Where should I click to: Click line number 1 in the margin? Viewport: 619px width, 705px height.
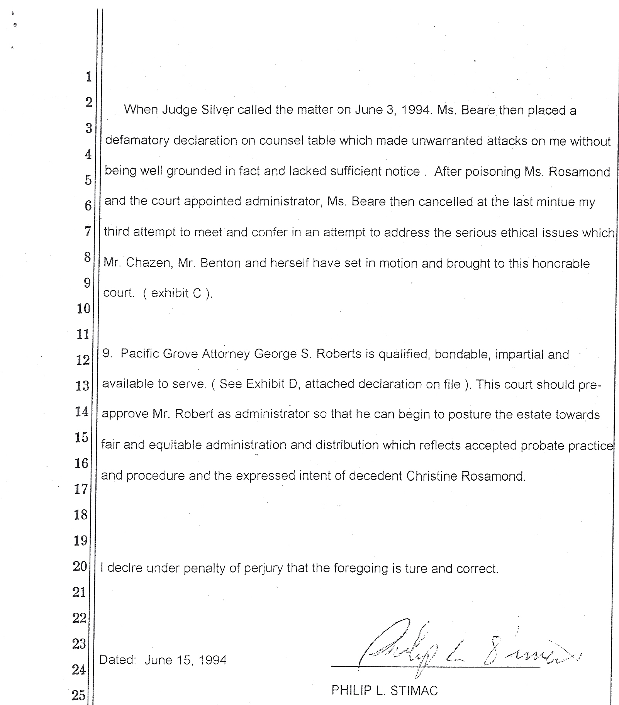point(89,77)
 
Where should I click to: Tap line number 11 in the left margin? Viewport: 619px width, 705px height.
point(83,334)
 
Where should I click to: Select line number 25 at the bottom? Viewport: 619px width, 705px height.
point(78,695)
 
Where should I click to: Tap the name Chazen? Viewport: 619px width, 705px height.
point(148,263)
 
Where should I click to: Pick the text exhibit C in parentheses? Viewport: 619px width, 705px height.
point(176,293)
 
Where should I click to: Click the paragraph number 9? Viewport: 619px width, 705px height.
point(107,354)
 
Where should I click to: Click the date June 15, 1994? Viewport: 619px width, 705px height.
point(185,660)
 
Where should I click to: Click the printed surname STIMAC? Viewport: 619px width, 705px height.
point(412,690)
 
